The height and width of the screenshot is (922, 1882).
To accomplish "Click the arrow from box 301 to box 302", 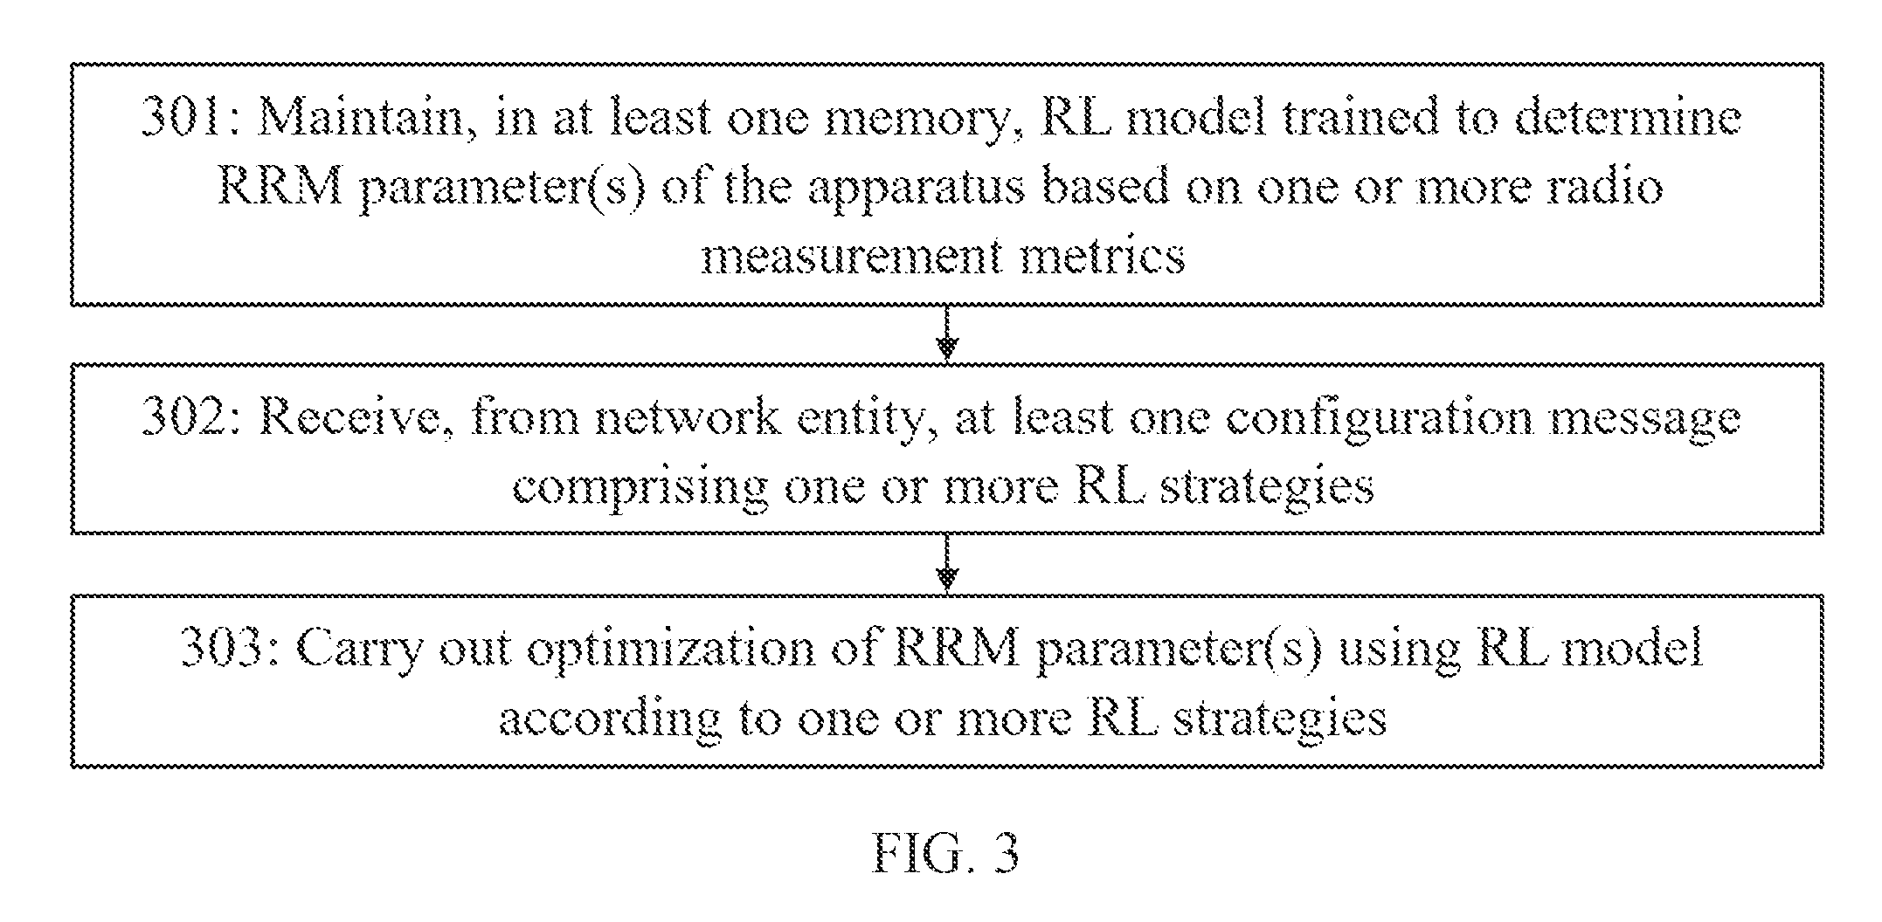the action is (947, 333).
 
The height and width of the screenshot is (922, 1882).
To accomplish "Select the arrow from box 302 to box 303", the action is (947, 564).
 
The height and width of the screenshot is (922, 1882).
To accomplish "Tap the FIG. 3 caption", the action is (945, 853).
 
